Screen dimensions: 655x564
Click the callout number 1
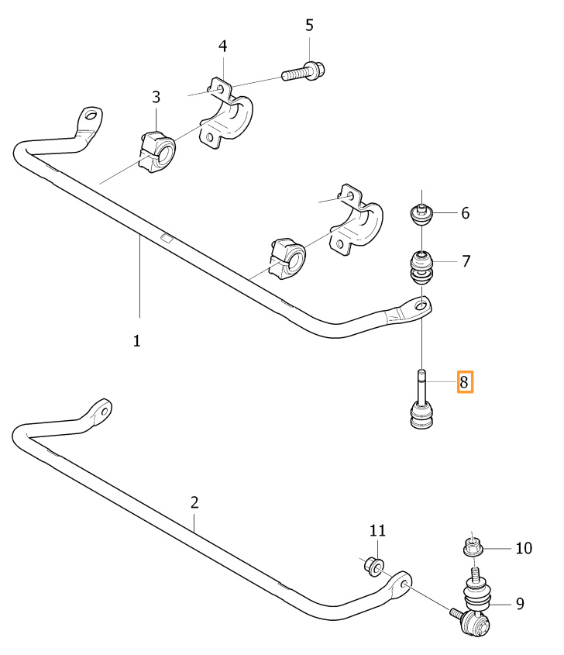pos(136,340)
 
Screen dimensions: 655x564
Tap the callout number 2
pos(194,502)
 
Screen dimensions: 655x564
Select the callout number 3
pos(156,97)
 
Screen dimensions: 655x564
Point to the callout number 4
pos(222,47)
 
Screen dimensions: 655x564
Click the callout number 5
pos(309,26)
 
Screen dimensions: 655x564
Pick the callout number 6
pos(465,213)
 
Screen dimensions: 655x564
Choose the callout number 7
pos(465,261)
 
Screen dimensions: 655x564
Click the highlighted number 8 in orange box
pos(464,382)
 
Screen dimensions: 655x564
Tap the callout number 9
pos(520,602)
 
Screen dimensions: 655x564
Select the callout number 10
pos(524,548)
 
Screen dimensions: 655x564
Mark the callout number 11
pos(377,531)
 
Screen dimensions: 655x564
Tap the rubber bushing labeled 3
pos(157,150)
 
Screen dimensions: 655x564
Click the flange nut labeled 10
pos(473,546)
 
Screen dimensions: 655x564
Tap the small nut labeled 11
pos(373,566)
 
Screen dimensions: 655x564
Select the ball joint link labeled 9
pos(475,608)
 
